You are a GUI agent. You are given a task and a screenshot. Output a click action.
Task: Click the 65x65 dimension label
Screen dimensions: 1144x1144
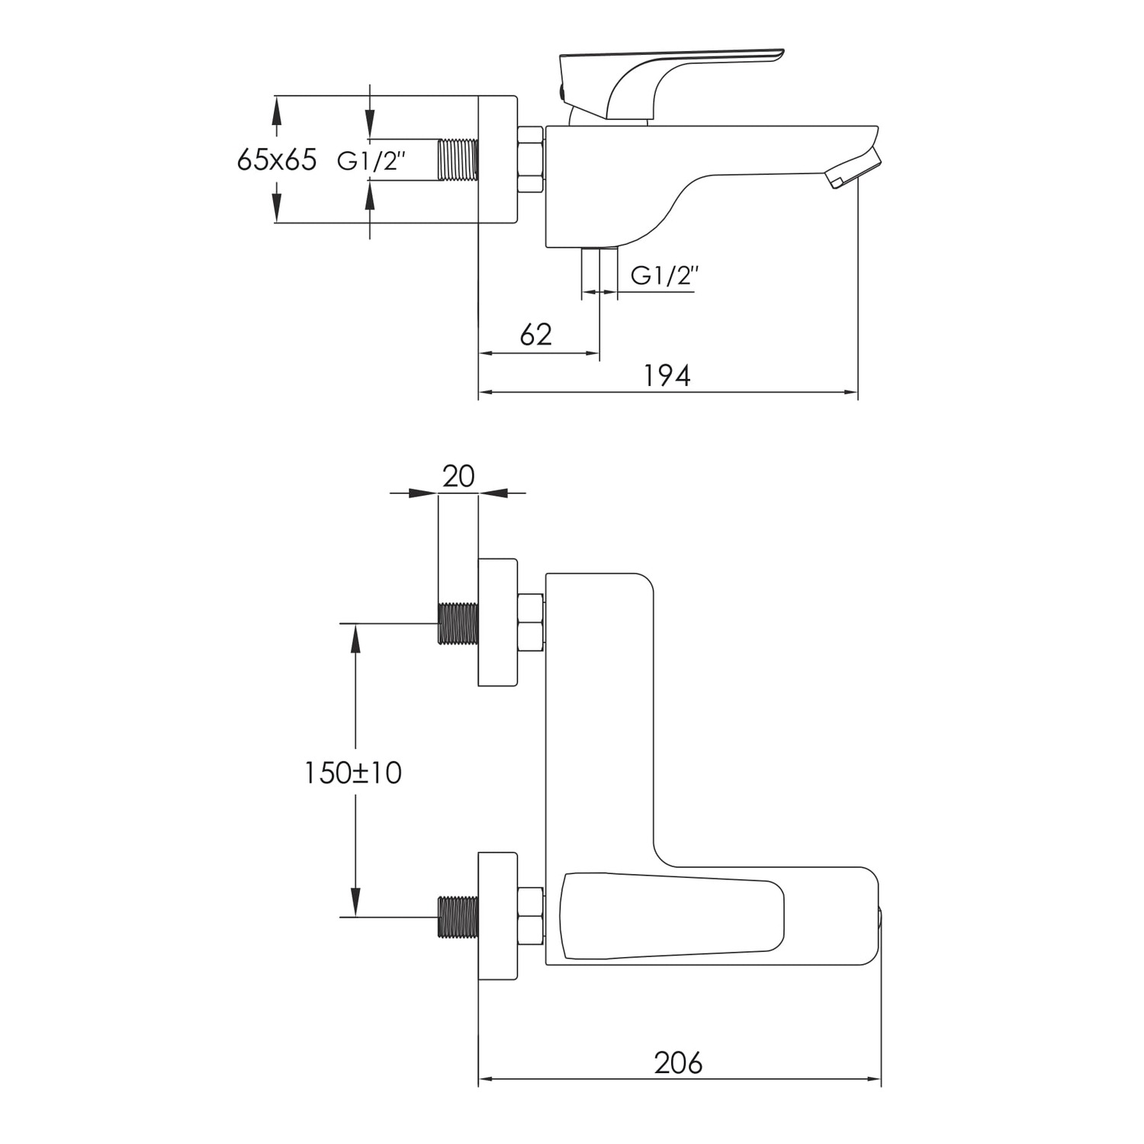276,160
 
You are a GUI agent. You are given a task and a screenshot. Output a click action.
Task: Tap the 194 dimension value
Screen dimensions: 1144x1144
667,375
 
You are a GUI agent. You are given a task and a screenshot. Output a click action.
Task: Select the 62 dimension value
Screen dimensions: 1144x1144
535,334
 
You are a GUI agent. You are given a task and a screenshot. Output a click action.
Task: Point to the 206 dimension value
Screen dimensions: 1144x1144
678,1062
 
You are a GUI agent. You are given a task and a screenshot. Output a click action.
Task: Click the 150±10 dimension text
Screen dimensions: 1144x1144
353,773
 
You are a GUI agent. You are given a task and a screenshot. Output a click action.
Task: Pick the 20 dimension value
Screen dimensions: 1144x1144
458,476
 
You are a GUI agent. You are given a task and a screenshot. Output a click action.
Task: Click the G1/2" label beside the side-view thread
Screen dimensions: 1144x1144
371,161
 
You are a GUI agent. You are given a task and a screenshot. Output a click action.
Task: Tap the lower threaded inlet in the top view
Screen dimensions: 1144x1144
458,917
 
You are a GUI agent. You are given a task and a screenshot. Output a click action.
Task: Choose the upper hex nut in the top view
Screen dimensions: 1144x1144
531,623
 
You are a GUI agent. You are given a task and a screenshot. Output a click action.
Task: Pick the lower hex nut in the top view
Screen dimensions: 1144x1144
531,917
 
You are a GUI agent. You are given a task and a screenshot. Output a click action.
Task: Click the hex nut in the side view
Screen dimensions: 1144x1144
531,159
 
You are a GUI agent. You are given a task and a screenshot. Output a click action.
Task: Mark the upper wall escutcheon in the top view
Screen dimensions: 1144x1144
498,622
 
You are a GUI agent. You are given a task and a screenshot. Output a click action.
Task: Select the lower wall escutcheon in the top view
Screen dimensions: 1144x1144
498,916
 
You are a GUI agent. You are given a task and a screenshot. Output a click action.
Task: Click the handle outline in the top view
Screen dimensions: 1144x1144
672,917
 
